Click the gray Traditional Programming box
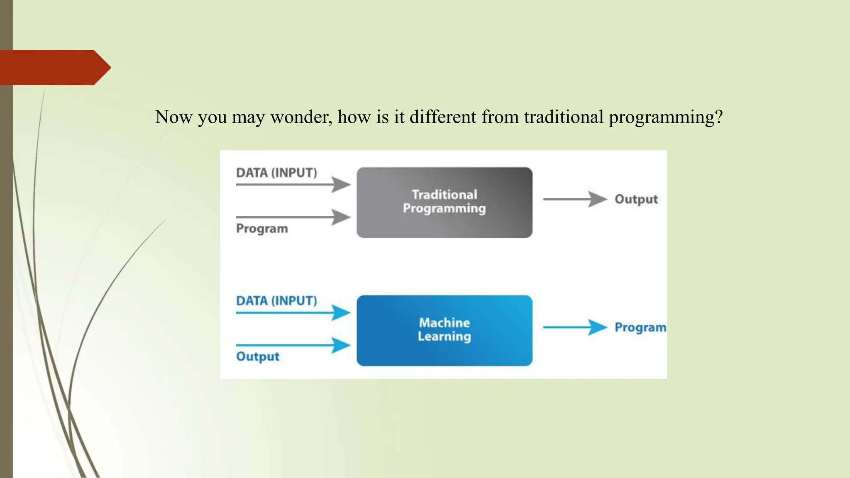(444, 202)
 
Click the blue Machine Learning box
(444, 330)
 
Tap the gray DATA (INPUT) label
(276, 173)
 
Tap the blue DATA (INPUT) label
(276, 301)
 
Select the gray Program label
(262, 229)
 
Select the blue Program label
(640, 327)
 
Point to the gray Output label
(636, 199)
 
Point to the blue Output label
(258, 356)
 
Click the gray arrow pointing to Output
(575, 199)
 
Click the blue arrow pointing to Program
(575, 327)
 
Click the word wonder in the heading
(301, 117)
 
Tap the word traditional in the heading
(564, 117)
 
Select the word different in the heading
(443, 117)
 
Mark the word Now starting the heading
(173, 117)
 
